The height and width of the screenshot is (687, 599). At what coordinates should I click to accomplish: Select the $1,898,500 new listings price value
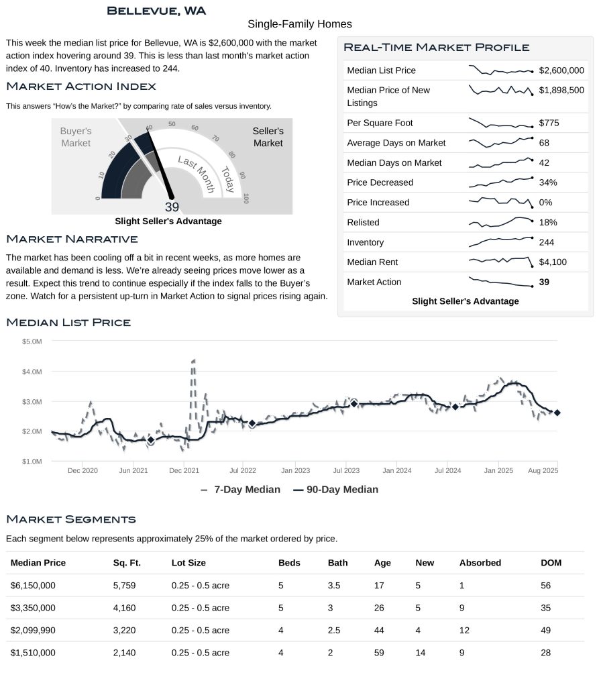point(561,91)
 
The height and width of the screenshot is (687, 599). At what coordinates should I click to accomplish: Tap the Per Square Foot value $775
point(549,123)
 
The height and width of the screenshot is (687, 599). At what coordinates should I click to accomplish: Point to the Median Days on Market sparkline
point(501,162)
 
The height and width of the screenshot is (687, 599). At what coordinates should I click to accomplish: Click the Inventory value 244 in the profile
point(546,242)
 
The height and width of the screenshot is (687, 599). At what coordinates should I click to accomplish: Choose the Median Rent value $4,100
point(553,262)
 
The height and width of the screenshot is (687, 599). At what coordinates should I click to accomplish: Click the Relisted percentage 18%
point(548,222)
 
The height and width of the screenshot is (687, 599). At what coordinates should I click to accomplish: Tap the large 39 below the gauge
point(172,207)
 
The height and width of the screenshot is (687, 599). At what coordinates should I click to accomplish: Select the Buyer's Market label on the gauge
point(76,137)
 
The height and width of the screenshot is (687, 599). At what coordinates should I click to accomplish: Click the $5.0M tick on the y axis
point(32,341)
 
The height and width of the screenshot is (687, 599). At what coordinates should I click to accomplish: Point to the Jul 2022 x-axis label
point(243,470)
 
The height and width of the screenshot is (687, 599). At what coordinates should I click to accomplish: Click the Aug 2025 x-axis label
point(544,470)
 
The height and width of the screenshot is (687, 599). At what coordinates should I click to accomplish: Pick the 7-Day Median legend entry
point(240,490)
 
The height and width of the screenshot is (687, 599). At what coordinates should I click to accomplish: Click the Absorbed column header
point(480,563)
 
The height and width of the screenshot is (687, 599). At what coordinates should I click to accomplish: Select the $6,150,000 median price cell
point(33,585)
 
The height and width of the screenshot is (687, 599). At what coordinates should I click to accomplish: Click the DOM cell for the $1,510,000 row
point(546,652)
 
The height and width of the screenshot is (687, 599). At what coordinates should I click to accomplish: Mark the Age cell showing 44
point(379,630)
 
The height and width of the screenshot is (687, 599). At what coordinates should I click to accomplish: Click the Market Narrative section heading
point(72,239)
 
